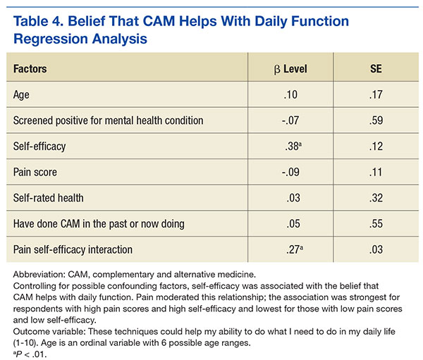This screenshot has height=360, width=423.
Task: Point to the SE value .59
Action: click(374, 120)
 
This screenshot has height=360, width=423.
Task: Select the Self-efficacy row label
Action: click(39, 146)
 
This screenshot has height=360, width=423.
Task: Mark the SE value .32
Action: click(374, 197)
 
